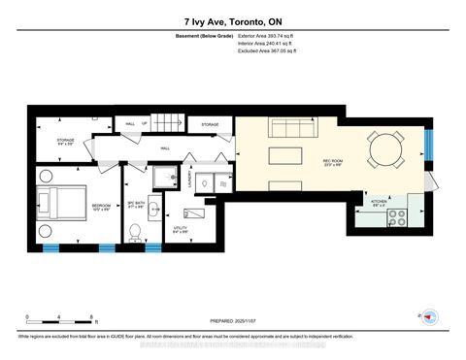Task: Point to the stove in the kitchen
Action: coord(397,220)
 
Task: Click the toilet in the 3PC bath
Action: coord(137,230)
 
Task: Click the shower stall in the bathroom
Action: coord(157,177)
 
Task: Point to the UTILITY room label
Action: coord(182,230)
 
